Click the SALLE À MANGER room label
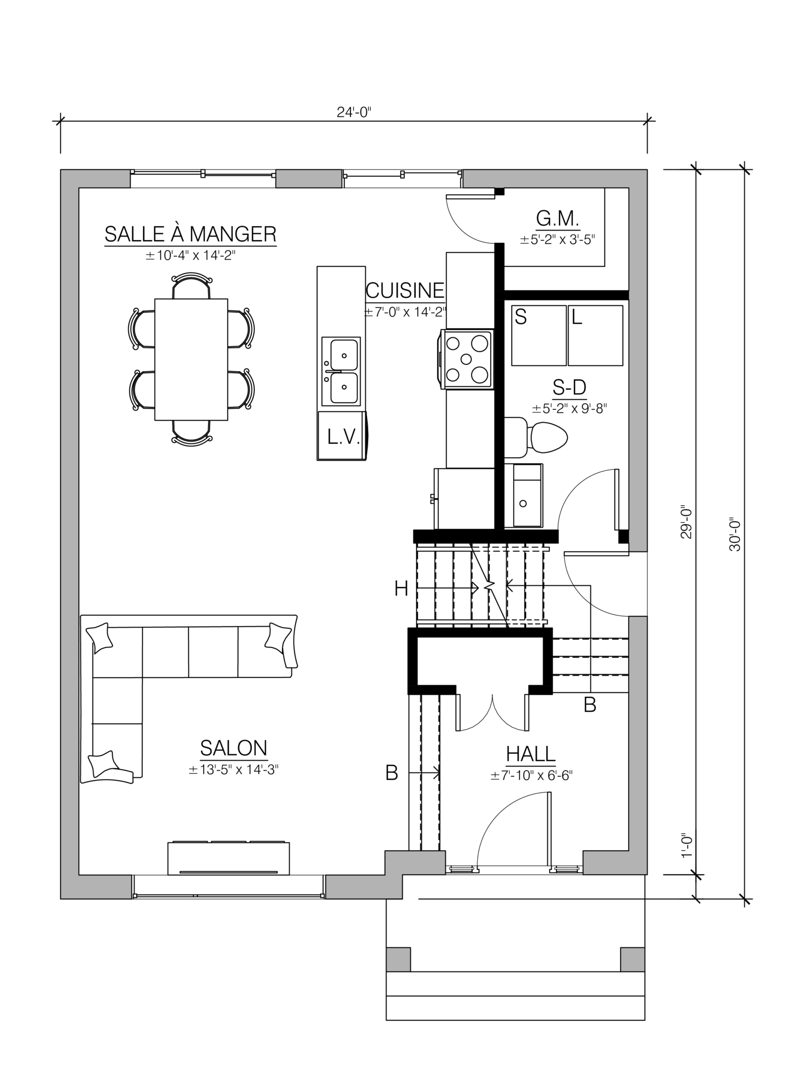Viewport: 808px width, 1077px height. [x=191, y=234]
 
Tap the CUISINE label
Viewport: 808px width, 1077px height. [x=405, y=291]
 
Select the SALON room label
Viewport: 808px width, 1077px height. [x=234, y=747]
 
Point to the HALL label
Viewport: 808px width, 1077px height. [x=531, y=754]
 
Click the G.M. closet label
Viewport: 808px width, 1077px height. [x=558, y=219]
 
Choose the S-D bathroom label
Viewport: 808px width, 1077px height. [x=569, y=387]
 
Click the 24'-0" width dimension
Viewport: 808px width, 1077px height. [x=354, y=112]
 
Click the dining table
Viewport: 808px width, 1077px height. [x=191, y=359]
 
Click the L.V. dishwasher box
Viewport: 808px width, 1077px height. [x=342, y=436]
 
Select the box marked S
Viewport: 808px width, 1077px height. [x=539, y=335]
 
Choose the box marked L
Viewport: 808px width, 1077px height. [x=595, y=335]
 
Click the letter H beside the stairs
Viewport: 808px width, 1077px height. [x=401, y=589]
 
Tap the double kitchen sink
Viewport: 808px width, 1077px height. [x=341, y=371]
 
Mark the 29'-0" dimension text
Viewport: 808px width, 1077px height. [x=686, y=521]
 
